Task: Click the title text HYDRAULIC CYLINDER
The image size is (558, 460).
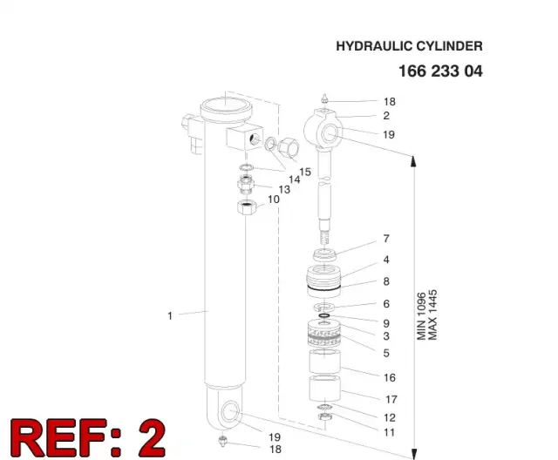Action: [409, 46]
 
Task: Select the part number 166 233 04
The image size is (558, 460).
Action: [440, 71]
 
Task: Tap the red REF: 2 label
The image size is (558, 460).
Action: [88, 437]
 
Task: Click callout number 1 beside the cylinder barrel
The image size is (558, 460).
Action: [170, 315]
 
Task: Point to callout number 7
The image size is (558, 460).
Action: [386, 239]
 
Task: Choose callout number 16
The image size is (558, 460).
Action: [390, 377]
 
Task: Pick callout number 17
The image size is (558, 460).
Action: [391, 399]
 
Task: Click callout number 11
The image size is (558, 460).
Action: [390, 432]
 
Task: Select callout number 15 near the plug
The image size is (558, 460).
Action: [305, 172]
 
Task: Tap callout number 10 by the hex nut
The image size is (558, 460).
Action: [274, 200]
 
